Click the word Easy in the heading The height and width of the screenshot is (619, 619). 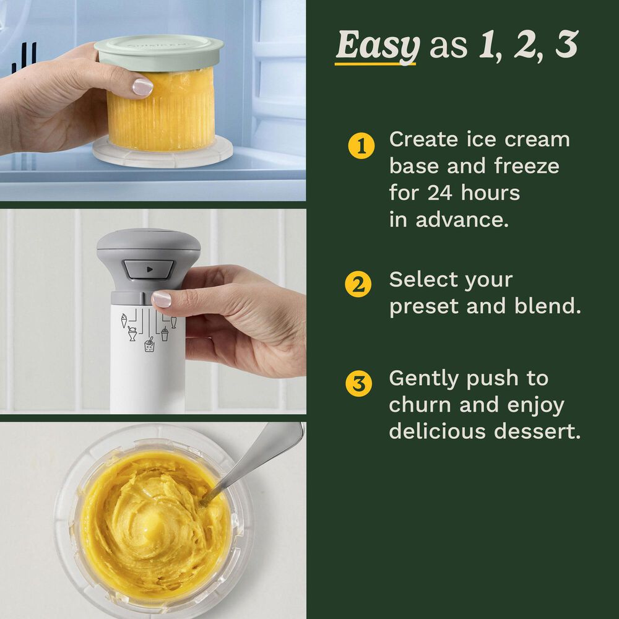376,46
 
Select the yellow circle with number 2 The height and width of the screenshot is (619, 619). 358,286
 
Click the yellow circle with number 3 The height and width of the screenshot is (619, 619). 358,384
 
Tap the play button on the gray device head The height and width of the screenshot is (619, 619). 149,269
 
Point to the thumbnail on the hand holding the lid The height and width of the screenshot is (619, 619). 142,87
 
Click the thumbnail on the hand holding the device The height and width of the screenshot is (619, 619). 162,299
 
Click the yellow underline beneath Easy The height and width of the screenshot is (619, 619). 375,63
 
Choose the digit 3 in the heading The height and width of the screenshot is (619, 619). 565,46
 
